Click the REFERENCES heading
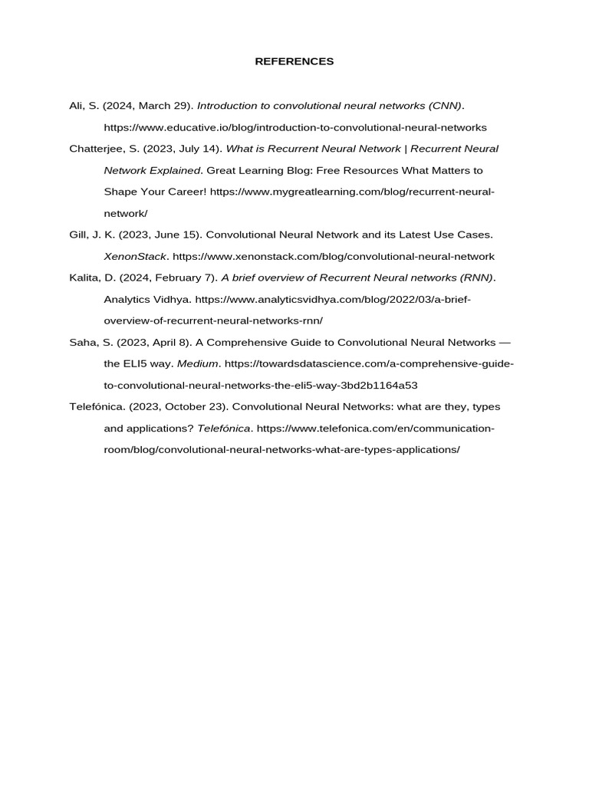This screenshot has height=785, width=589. coord(294,61)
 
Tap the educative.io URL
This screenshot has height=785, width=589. coord(295,127)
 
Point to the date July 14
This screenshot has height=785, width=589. coord(195,149)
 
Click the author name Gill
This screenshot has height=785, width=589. coord(79,235)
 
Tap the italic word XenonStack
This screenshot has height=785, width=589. coord(135,256)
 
